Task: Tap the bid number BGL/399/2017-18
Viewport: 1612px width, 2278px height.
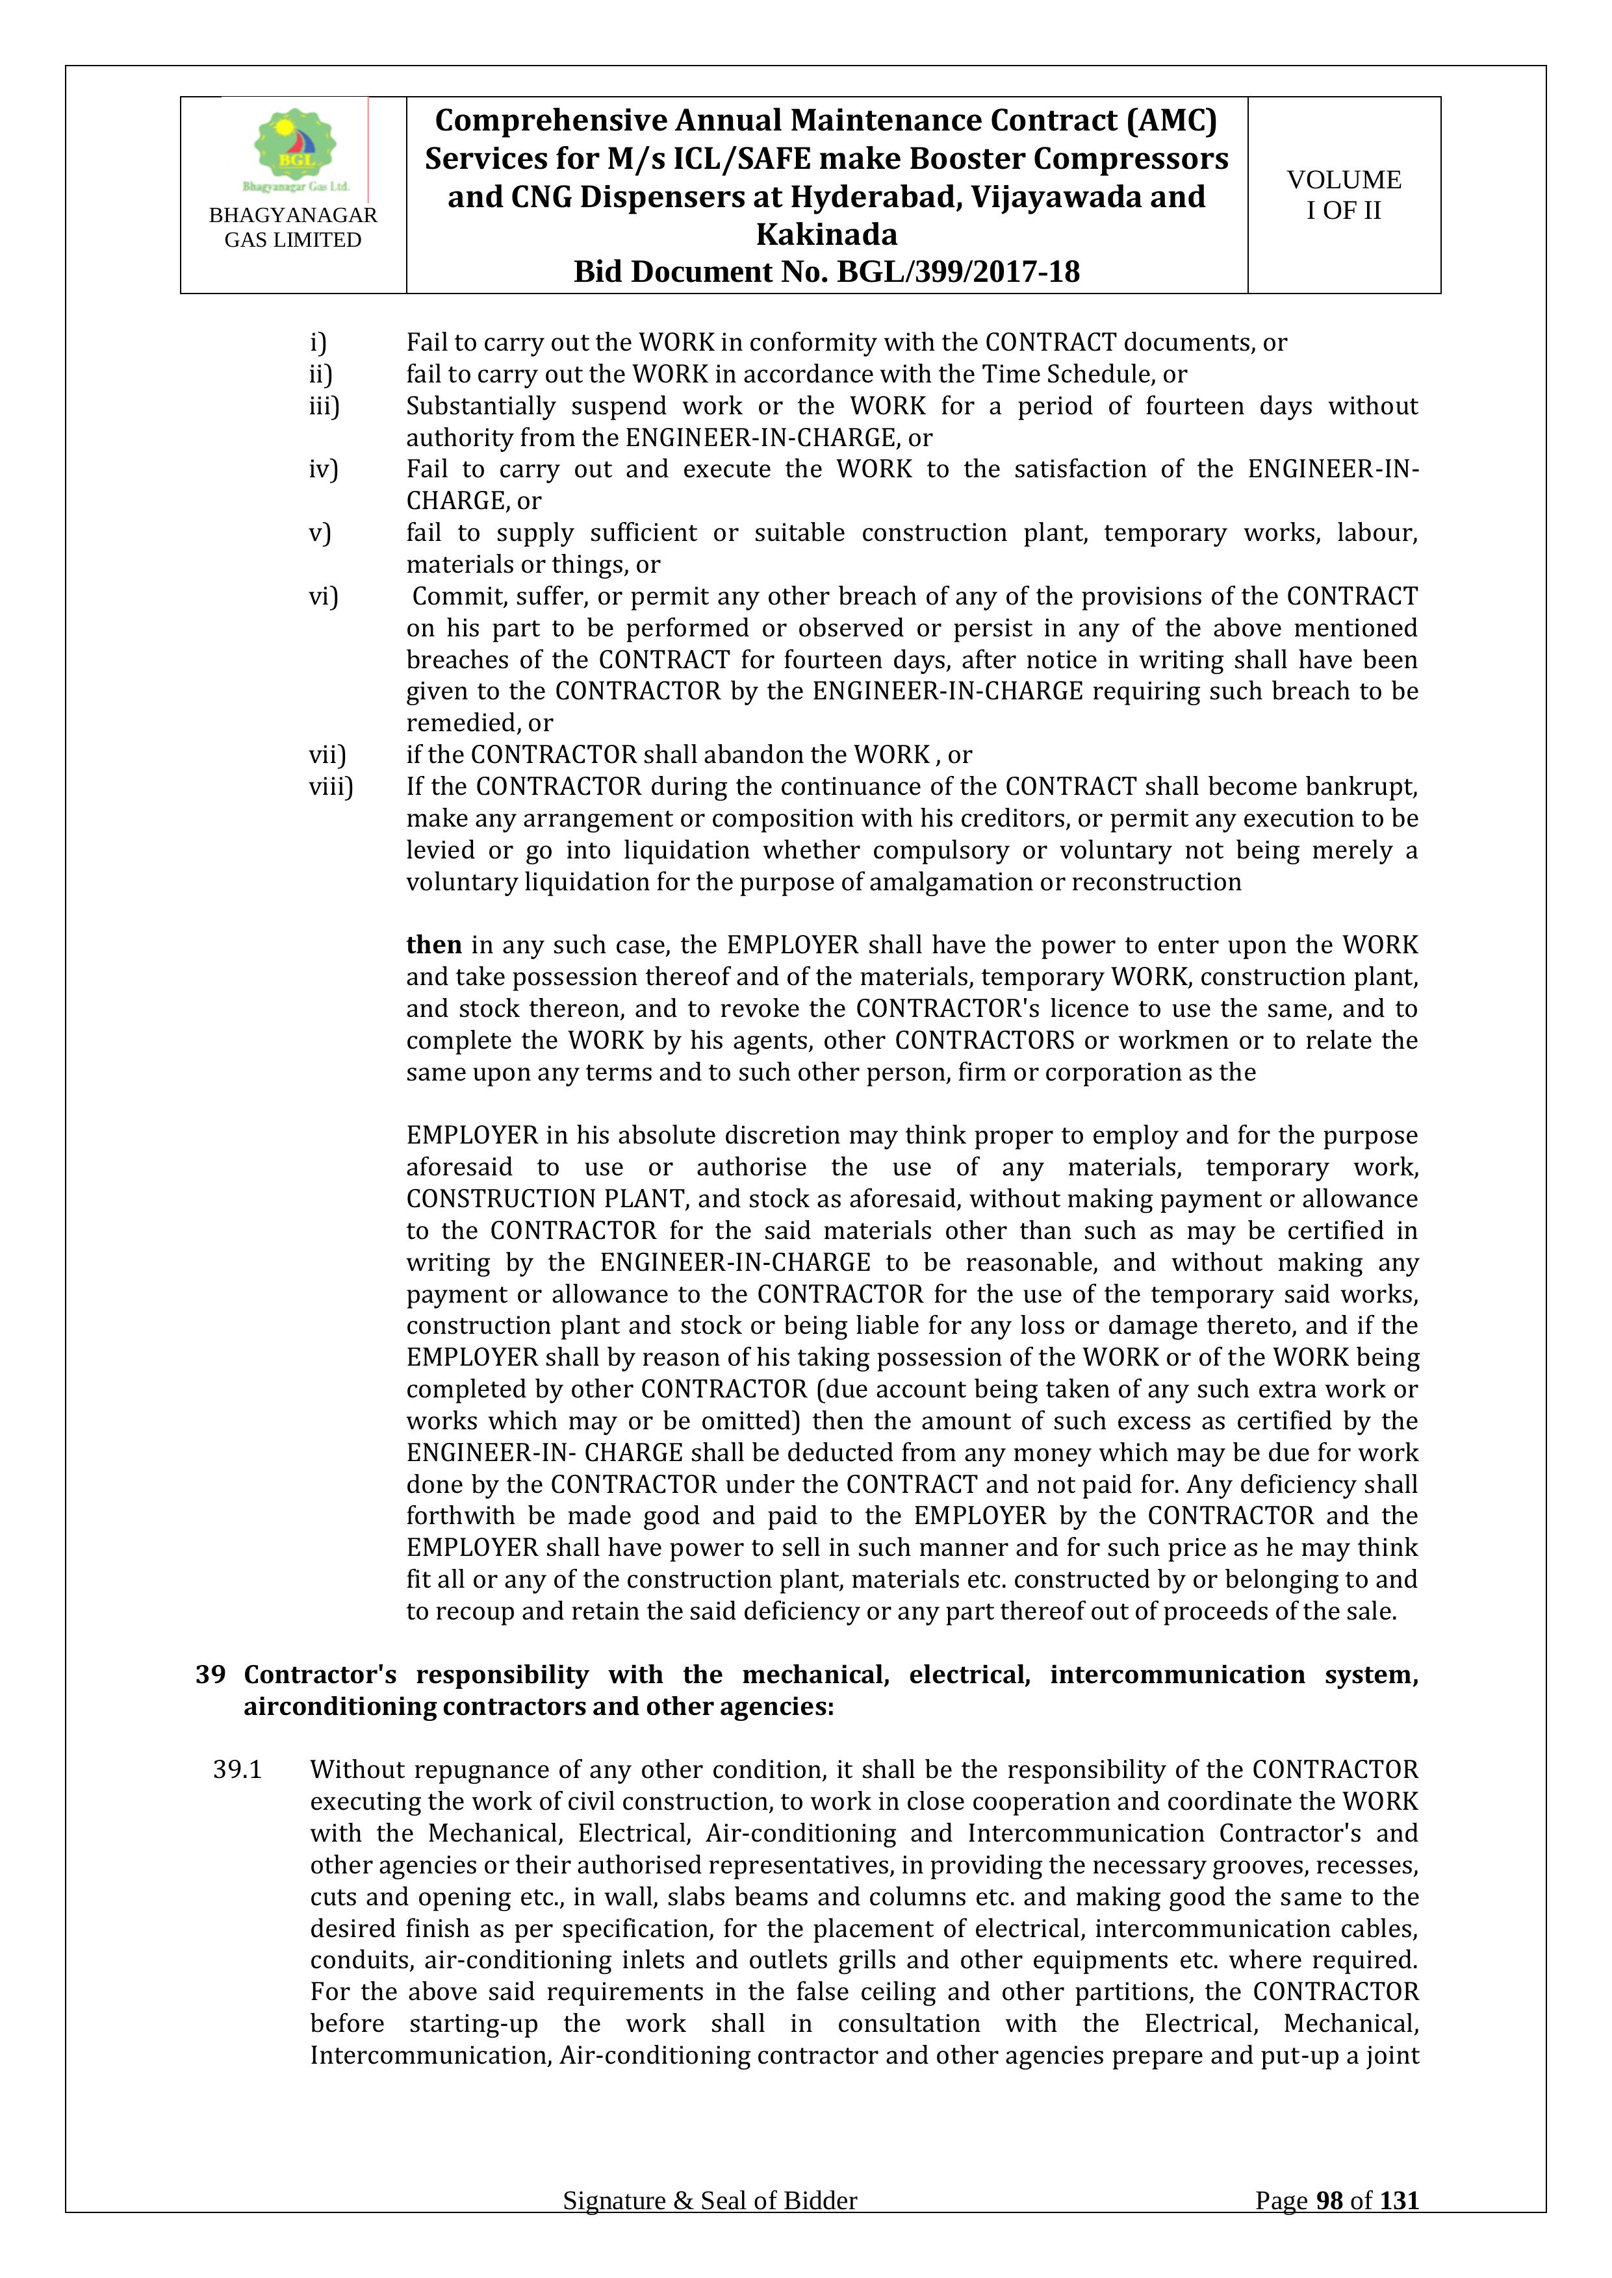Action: (958, 272)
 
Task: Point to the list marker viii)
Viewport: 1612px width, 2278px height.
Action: (331, 787)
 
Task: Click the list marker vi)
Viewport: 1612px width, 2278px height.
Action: (324, 596)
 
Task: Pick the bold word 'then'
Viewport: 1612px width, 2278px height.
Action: (434, 945)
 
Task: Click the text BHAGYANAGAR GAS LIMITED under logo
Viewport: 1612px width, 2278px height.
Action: (293, 227)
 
